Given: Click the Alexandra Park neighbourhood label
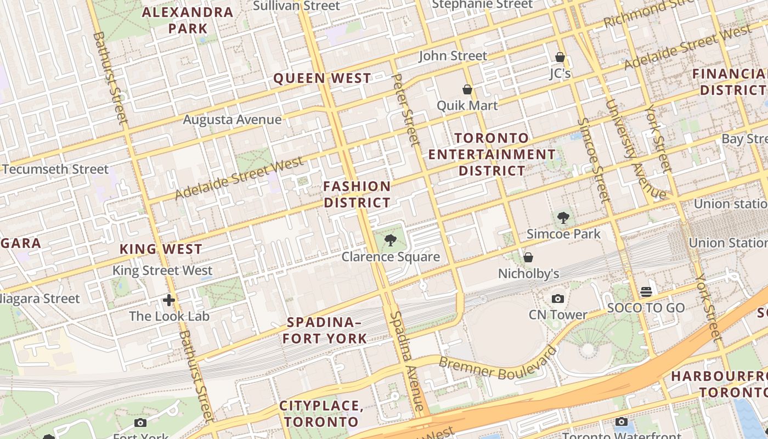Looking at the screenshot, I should tap(188, 20).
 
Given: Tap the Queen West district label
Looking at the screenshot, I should tap(322, 78).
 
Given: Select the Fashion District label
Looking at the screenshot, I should tap(357, 194).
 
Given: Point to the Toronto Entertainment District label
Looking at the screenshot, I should tap(492, 154).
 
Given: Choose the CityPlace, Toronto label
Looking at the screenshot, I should tap(321, 414).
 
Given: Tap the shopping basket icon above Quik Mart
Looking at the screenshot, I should tap(467, 89).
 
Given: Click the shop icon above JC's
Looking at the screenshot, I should tap(560, 57).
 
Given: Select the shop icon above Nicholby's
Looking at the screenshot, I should tap(528, 257).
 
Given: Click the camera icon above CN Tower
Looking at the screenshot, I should tap(558, 299).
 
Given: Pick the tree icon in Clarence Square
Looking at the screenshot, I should tap(391, 240).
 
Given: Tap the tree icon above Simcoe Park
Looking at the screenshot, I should tap(563, 218).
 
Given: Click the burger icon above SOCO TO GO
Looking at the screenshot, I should tap(646, 291).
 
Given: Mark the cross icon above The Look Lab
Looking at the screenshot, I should tap(169, 300).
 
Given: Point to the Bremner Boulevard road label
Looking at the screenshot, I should tap(498, 366).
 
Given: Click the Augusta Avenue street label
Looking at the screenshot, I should tap(232, 120).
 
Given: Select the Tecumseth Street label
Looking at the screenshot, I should tap(55, 169).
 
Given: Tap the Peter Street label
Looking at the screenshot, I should tap(406, 110).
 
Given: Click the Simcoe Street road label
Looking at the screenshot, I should tap(592, 159).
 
